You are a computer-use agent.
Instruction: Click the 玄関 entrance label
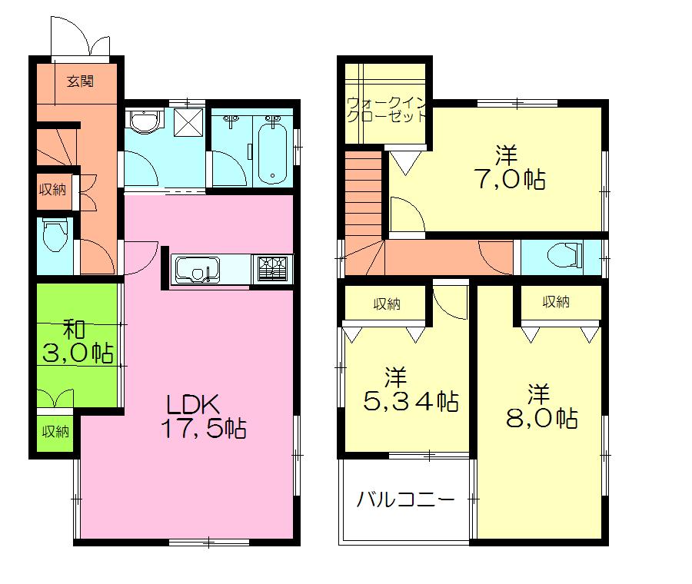click(x=79, y=81)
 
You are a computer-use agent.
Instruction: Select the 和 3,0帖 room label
click(x=78, y=342)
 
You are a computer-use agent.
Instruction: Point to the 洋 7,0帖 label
click(x=508, y=167)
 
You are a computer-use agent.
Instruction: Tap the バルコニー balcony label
click(x=404, y=499)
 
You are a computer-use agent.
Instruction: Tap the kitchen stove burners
click(x=273, y=268)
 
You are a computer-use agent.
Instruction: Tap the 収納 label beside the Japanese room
click(x=55, y=432)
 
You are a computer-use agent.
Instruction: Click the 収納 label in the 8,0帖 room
click(x=556, y=303)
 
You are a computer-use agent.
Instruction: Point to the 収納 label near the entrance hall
click(x=53, y=190)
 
